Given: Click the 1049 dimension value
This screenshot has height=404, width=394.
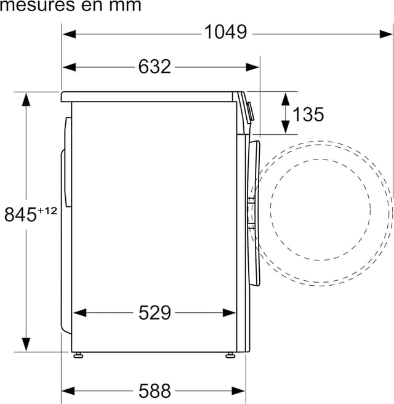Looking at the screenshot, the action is (x=225, y=32).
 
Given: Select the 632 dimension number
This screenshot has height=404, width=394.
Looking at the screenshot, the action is (x=155, y=67).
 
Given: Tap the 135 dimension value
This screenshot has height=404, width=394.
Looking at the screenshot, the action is (x=308, y=115).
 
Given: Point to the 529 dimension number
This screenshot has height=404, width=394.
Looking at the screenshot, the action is (x=155, y=313).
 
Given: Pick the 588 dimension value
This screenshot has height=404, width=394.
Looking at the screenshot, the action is (x=155, y=391).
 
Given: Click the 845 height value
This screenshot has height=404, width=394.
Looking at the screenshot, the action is (x=20, y=214).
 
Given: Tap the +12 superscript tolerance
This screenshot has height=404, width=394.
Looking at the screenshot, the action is (x=47, y=211).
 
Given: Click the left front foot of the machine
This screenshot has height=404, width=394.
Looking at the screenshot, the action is (x=78, y=355).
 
